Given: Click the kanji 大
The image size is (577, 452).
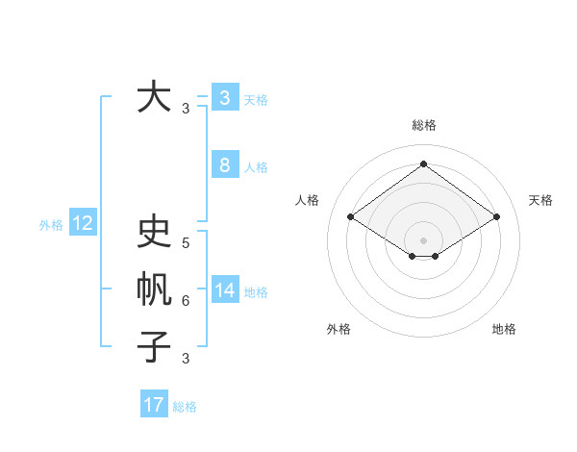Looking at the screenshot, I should pyautogui.click(x=154, y=97).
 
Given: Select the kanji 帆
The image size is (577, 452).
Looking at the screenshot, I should pyautogui.click(x=154, y=289).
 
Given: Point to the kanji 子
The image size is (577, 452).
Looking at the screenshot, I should pyautogui.click(x=154, y=345).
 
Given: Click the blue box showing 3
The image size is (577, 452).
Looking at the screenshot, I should pyautogui.click(x=224, y=97).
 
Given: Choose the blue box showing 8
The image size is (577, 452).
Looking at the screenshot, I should pyautogui.click(x=224, y=164).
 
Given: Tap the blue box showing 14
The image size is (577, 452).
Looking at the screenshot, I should pyautogui.click(x=224, y=289).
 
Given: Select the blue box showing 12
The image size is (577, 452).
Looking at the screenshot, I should pyautogui.click(x=83, y=223).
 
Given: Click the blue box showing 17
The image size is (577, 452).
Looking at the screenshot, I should pyautogui.click(x=154, y=405).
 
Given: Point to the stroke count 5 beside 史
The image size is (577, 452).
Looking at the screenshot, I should pyautogui.click(x=186, y=243).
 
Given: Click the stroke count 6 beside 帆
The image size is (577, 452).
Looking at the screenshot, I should pyautogui.click(x=186, y=301).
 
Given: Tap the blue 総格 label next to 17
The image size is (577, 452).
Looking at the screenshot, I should pyautogui.click(x=185, y=407).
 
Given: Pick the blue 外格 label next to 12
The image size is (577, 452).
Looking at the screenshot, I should pyautogui.click(x=51, y=225).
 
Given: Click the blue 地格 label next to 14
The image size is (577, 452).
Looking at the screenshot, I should pyautogui.click(x=256, y=292).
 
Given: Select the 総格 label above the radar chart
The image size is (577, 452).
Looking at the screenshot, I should pyautogui.click(x=423, y=125).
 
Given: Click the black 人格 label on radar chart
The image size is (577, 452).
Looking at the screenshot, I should pyautogui.click(x=307, y=200).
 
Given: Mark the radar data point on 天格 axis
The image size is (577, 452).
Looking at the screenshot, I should pyautogui.click(x=496, y=217).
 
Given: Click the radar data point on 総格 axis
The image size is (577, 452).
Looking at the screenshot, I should pyautogui.click(x=423, y=163).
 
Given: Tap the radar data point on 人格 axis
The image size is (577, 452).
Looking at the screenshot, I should pyautogui.click(x=350, y=217).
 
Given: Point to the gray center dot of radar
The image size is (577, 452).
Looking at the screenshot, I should pyautogui.click(x=423, y=239).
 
